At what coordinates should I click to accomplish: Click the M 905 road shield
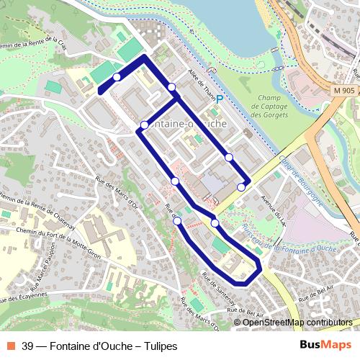pyautogui.click(x=344, y=91)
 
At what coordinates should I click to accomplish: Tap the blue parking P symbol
pyautogui.click(x=220, y=99)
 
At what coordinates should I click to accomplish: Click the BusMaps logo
pyautogui.click(x=325, y=346)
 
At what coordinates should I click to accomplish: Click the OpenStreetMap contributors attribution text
pyautogui.click(x=297, y=323)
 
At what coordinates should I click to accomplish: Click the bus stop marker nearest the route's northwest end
pyautogui.click(x=116, y=77)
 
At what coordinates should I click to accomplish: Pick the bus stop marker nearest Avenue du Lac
pyautogui.click(x=240, y=187)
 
